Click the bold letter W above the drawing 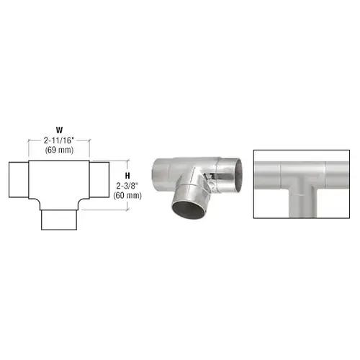[x=59, y=130]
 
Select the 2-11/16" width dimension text [x=60, y=140]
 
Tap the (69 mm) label [x=59, y=150]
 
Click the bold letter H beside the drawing [x=127, y=176]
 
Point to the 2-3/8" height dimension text [x=127, y=186]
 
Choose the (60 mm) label [x=127, y=196]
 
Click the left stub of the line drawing [x=19, y=180]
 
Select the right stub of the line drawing [x=99, y=180]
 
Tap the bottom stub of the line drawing [x=59, y=220]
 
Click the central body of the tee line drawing [x=59, y=182]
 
